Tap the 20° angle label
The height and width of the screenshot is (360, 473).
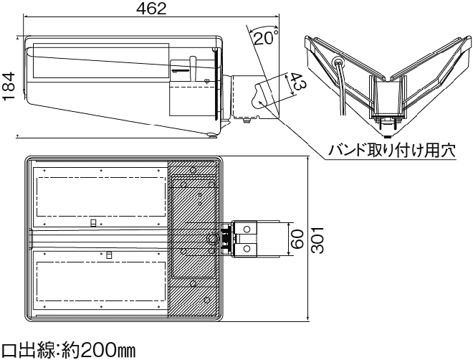click(266, 37)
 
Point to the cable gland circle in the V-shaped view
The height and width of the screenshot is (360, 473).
click(337, 62)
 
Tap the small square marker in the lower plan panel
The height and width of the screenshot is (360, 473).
click(109, 255)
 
